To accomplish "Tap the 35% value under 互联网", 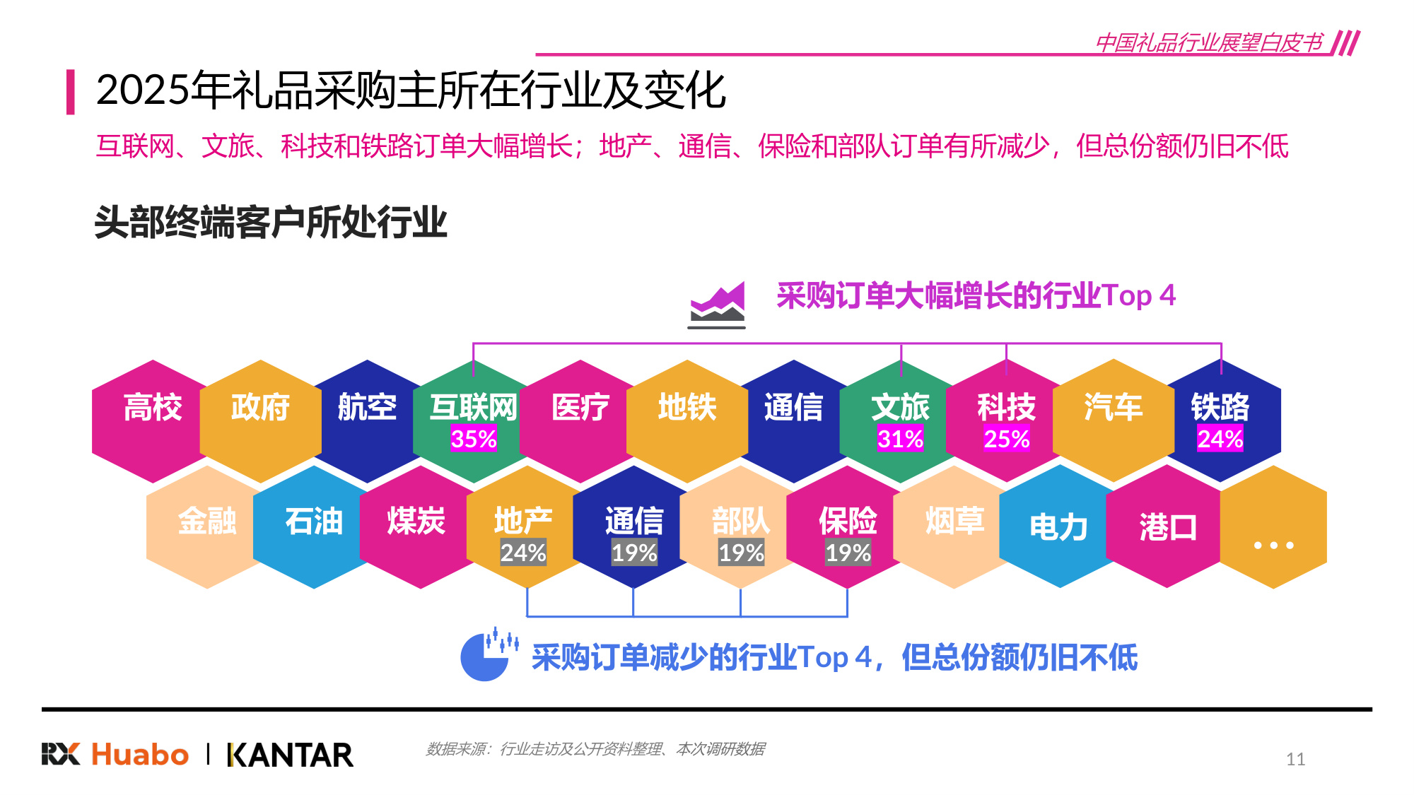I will [474, 439].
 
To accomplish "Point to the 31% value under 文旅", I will [900, 439].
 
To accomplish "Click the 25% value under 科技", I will [1007, 439].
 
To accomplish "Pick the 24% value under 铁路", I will [1220, 439].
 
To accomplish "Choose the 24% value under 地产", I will [523, 553].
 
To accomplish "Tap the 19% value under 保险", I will [848, 553].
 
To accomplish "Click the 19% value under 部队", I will [741, 553].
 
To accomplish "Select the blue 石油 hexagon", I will [313, 526].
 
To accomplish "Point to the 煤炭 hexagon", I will [417, 526].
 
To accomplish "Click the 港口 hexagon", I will [1167, 527].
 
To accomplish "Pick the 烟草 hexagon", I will [954, 526].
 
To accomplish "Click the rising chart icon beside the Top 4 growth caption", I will [717, 305].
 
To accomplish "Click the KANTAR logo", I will [290, 755].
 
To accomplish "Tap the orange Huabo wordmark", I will [140, 755].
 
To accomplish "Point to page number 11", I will [1295, 759].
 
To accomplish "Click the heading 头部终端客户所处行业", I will [271, 222].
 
